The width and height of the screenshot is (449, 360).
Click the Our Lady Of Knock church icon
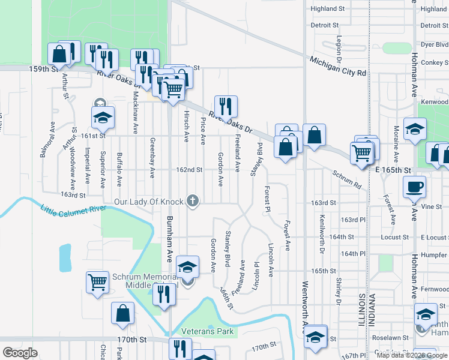193,201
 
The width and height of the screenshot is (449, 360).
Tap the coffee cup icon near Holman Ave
415,187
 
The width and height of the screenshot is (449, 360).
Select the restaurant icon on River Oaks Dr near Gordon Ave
226,106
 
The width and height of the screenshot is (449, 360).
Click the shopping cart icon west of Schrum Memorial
97,281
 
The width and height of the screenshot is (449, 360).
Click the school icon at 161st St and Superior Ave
103,117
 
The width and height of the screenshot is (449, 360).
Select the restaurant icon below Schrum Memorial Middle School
163,295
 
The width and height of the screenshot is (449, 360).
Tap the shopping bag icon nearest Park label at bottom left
122,313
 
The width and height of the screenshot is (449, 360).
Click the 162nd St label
189,170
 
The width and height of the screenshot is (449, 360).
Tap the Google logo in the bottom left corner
20,353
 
